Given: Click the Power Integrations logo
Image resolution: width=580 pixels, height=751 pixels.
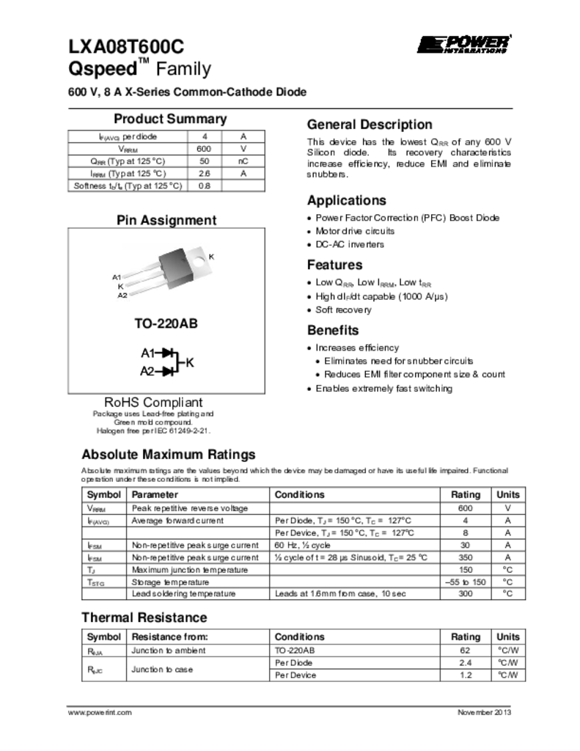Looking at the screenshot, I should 463,44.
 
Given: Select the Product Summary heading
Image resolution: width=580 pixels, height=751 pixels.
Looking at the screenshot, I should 170,120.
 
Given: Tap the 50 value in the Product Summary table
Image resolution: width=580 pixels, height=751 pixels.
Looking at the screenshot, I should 205,161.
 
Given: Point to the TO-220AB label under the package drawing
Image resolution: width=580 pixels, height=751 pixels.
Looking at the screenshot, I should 166,323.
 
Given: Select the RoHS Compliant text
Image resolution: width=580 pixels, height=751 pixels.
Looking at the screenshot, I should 153,403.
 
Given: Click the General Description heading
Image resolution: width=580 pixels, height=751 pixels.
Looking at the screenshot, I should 370,125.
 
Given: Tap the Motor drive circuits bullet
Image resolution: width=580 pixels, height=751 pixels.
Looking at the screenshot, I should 350,231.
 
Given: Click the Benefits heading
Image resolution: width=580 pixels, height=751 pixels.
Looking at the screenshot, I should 333,330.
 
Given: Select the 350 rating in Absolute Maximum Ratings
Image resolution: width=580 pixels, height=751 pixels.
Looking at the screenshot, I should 465,557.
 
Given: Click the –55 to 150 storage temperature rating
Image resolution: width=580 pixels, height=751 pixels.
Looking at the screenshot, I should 465,582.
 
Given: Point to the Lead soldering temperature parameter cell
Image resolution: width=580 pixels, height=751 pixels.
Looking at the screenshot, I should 183,593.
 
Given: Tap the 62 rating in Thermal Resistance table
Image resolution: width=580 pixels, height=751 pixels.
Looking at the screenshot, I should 465,651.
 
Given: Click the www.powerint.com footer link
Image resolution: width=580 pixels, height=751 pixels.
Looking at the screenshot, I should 100,713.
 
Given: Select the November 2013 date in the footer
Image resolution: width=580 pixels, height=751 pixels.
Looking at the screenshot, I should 484,713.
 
